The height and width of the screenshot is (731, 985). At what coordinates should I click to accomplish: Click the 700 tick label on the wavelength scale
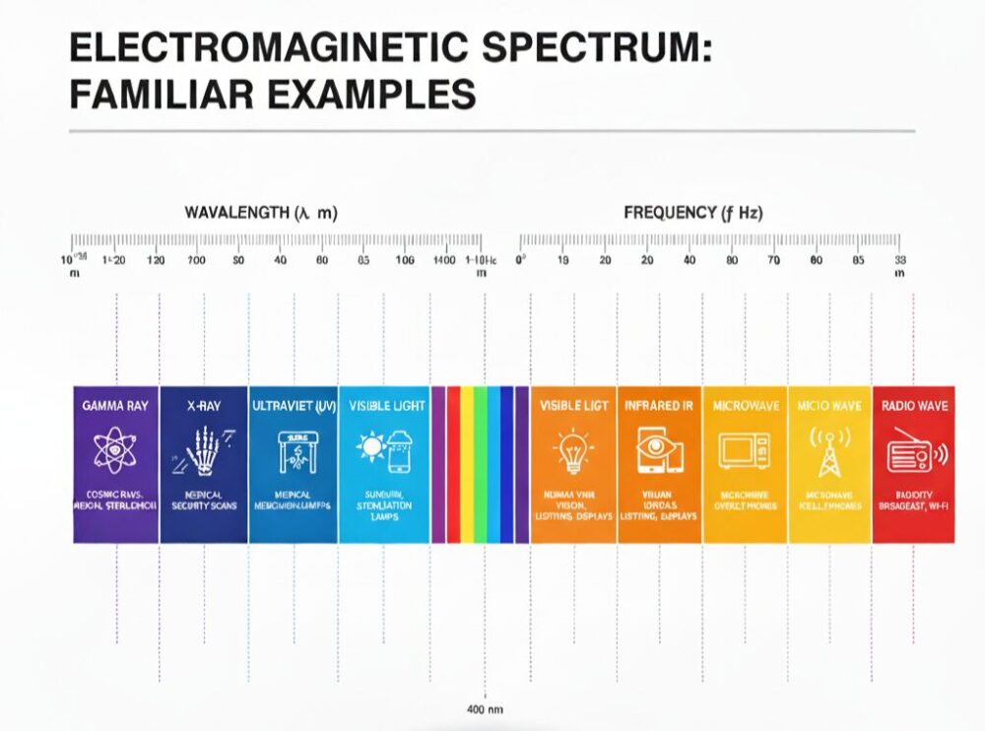coord(195,261)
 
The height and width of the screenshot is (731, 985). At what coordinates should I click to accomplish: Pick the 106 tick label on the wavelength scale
coord(404,261)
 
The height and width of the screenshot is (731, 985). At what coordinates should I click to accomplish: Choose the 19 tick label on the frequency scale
coord(563,261)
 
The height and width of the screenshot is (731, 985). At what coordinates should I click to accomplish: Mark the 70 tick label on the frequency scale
coord(774,261)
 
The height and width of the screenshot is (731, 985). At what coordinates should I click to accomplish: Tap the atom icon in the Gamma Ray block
coord(114,448)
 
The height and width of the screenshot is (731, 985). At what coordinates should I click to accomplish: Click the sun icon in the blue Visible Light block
coord(371,448)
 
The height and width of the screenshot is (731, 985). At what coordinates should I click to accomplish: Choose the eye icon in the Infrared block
coord(659,448)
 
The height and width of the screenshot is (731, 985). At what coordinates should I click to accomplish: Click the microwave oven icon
coord(744,450)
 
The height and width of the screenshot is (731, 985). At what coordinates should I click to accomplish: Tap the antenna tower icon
coord(829,450)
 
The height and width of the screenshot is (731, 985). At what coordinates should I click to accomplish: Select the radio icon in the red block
coord(910,452)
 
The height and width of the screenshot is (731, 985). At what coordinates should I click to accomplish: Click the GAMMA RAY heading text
coord(115,405)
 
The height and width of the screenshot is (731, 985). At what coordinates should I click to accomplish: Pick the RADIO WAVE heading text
coord(913,405)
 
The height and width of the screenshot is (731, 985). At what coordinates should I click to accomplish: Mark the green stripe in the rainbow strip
coord(481,463)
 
